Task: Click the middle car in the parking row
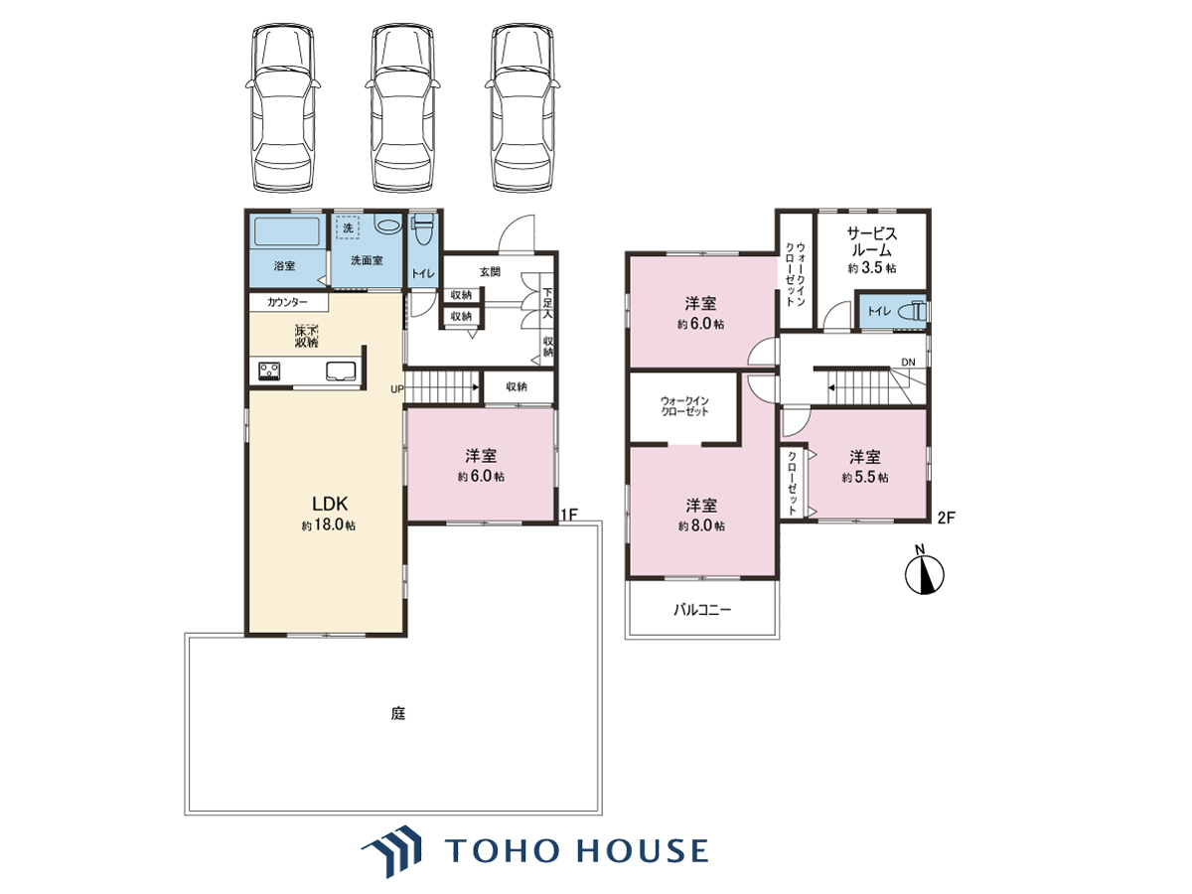click(x=402, y=108)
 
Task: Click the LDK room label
click(x=330, y=504)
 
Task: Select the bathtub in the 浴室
click(x=287, y=231)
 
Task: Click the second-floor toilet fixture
click(x=911, y=311)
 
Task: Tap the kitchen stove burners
click(x=269, y=372)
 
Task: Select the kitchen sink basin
click(x=341, y=372)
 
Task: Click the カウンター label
click(x=287, y=302)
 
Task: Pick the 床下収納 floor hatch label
click(x=306, y=337)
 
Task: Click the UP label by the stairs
click(x=397, y=389)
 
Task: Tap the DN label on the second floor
click(x=908, y=362)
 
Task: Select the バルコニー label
click(x=702, y=610)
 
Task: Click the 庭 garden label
click(x=398, y=713)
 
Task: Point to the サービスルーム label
click(x=871, y=242)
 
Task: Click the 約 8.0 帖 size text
click(x=701, y=525)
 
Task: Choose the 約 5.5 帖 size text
click(x=864, y=477)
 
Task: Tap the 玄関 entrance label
click(x=490, y=272)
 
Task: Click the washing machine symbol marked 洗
click(x=348, y=228)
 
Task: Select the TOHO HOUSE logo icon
click(x=391, y=850)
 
